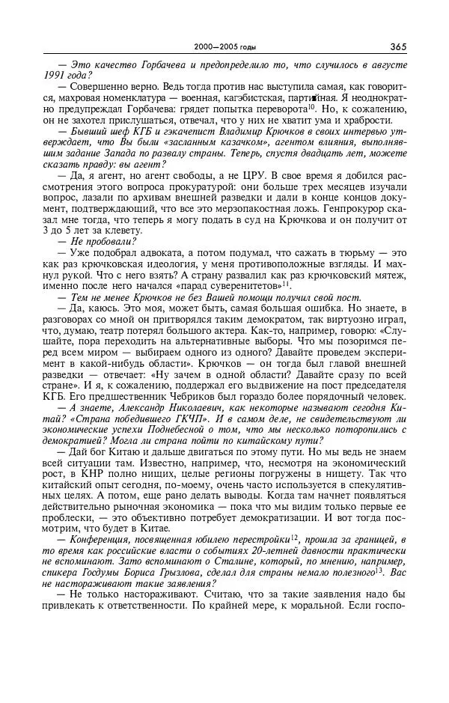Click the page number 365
[397, 46]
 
